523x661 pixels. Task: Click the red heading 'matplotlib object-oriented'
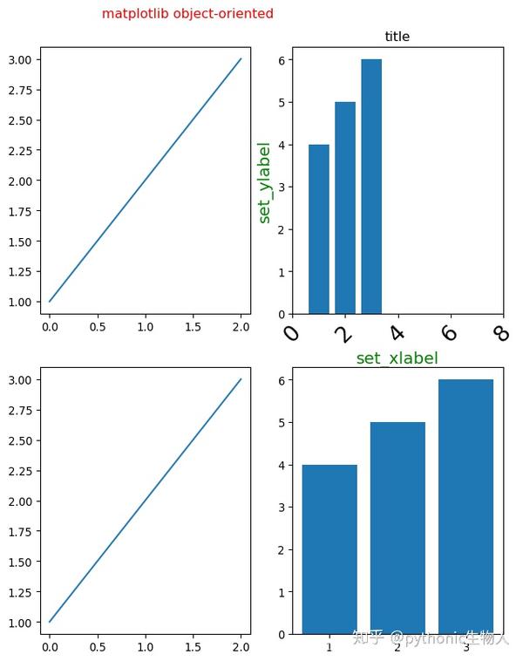[x=187, y=14]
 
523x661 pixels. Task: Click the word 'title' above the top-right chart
[x=397, y=37]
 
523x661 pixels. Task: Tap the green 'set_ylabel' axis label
[x=265, y=182]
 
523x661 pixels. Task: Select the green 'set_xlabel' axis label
[x=397, y=358]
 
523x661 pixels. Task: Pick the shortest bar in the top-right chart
[x=319, y=228]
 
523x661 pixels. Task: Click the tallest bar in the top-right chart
[x=371, y=186]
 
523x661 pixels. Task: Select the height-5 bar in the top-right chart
[x=345, y=208]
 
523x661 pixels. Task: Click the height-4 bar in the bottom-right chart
[x=329, y=549]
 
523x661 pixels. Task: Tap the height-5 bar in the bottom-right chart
[x=397, y=528]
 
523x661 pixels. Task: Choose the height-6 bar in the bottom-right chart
[x=465, y=506]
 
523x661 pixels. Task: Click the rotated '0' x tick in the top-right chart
[x=293, y=332]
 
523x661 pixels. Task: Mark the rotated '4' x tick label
[x=397, y=332]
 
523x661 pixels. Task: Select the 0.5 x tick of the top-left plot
[x=98, y=326]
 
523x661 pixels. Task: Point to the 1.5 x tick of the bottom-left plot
[x=194, y=647]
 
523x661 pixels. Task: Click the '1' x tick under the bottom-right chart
[x=329, y=647]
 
